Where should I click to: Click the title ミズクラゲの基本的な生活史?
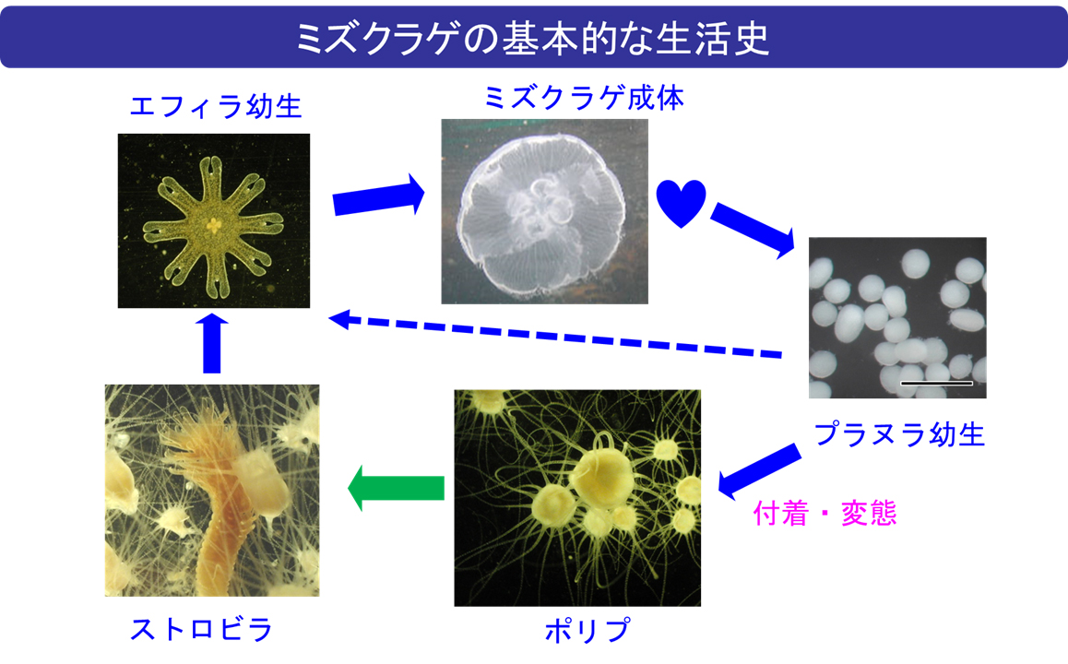pyautogui.click(x=533, y=38)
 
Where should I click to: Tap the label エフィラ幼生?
pyautogui.click(x=215, y=106)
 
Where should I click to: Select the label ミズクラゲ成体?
pyautogui.click(x=584, y=98)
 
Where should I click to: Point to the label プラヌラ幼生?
pyautogui.click(x=899, y=433)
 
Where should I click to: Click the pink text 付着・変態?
pyautogui.click(x=825, y=513)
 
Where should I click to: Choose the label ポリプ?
pyautogui.click(x=587, y=630)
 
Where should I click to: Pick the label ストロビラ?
pyautogui.click(x=201, y=629)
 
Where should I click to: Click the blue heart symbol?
pyautogui.click(x=681, y=203)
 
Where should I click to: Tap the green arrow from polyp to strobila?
pyautogui.click(x=396, y=488)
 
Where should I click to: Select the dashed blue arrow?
pyautogui.click(x=555, y=336)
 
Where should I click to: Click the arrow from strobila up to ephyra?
pyautogui.click(x=212, y=343)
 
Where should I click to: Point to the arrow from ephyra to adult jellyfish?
pyautogui.click(x=379, y=196)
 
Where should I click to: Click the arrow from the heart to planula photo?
pyautogui.click(x=753, y=231)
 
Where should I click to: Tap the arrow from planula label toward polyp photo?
pyautogui.click(x=759, y=471)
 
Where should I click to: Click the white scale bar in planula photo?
pyautogui.click(x=936, y=384)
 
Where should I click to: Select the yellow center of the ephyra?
pyautogui.click(x=214, y=224)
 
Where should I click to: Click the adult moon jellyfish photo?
pyautogui.click(x=545, y=211)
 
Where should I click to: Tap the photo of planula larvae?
pyautogui.click(x=897, y=317)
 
